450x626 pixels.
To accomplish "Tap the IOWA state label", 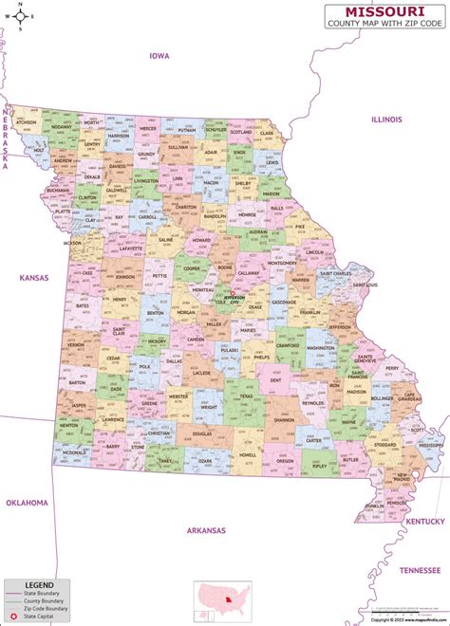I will (159, 56).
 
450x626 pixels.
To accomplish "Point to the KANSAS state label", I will (33, 277).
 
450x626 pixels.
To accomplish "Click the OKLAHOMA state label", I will (26, 502).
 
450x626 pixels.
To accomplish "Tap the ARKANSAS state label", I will (206, 530).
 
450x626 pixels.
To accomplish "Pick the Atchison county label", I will (26, 122).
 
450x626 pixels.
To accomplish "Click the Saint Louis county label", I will (364, 285).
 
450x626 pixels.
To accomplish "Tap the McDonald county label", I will (74, 453).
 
